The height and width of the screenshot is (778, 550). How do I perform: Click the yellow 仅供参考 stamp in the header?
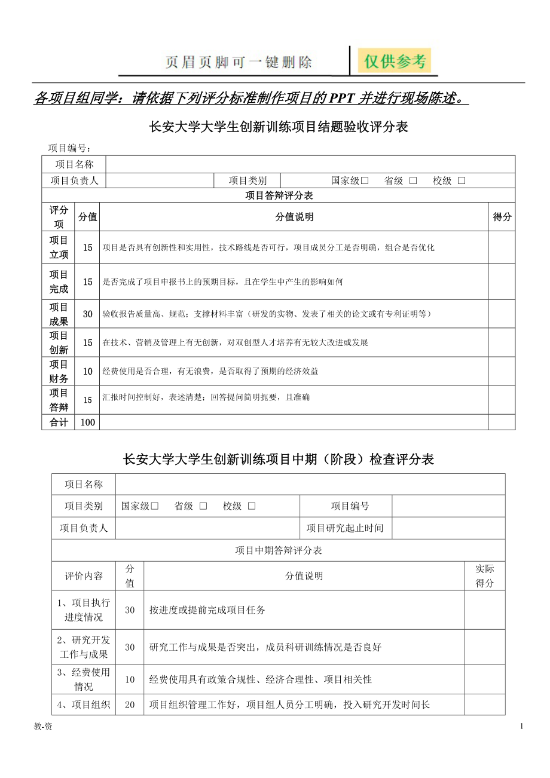click(395, 61)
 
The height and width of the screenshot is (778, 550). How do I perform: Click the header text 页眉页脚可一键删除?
click(239, 62)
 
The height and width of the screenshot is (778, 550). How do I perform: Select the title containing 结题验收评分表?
click(278, 127)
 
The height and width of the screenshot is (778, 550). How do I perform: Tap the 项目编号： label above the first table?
click(69, 148)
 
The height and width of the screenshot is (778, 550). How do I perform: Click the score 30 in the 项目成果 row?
click(88, 314)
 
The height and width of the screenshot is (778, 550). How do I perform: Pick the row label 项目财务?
click(59, 371)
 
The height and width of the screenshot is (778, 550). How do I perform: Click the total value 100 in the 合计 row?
click(88, 422)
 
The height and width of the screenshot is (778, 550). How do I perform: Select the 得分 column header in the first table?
click(502, 217)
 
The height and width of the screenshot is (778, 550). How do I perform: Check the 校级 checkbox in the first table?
click(462, 181)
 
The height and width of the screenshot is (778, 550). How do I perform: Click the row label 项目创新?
click(59, 342)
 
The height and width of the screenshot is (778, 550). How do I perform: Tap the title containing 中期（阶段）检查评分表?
click(278, 459)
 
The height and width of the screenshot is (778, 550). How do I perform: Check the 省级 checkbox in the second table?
click(203, 506)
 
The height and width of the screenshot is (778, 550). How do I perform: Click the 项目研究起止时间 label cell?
click(345, 528)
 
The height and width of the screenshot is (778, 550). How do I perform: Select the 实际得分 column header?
click(484, 576)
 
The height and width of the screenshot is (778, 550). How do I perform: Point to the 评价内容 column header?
click(84, 576)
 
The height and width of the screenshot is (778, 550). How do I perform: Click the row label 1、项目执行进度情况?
click(84, 609)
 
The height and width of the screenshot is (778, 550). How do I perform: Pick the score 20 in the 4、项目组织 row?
click(130, 705)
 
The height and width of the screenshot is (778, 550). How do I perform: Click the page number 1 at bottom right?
click(522, 726)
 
